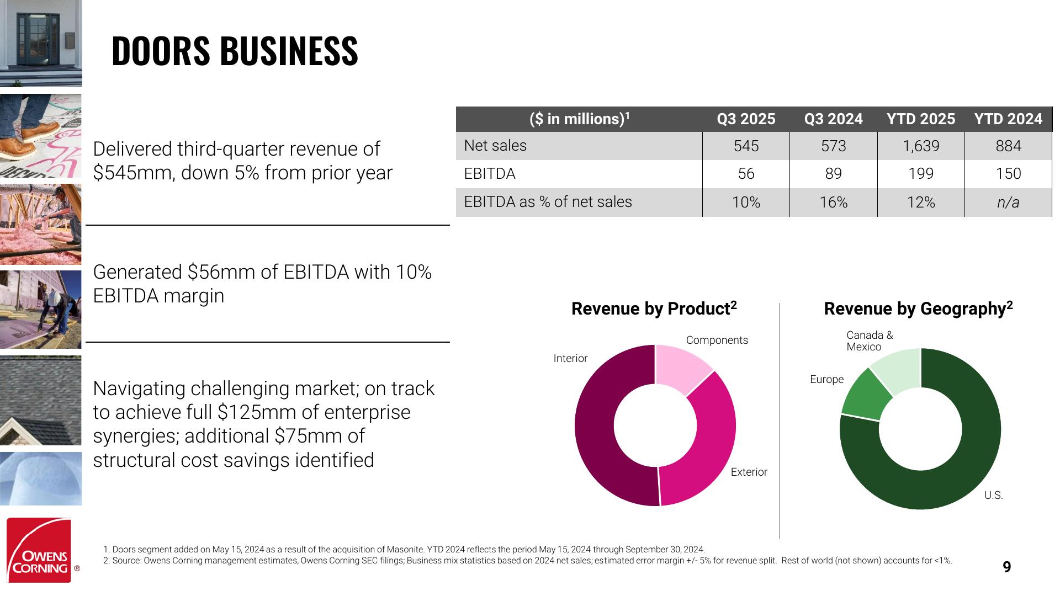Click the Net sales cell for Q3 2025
(746, 146)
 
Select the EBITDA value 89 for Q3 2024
(833, 174)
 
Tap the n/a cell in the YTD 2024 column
(1008, 203)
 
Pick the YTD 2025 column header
(920, 119)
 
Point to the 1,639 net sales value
(921, 146)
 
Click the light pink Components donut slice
(682, 367)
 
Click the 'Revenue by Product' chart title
(654, 308)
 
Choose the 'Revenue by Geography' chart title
(918, 308)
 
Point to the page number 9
(1006, 567)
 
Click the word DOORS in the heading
(161, 51)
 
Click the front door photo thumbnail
(41, 43)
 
